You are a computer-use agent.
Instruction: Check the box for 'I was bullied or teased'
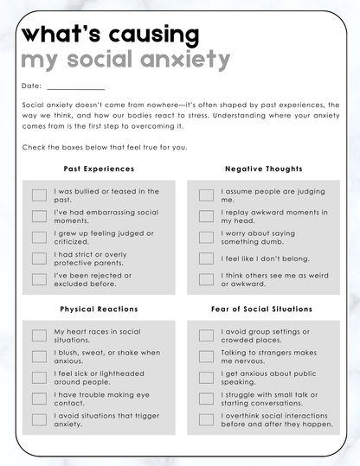pyautogui.click(x=39, y=195)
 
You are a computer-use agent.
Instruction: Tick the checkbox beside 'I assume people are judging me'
pyautogui.click(x=206, y=195)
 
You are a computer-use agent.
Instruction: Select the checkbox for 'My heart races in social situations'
pyautogui.click(x=39, y=335)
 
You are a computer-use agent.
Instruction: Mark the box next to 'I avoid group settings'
pyautogui.click(x=206, y=335)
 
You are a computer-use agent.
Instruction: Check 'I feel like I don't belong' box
pyautogui.click(x=206, y=259)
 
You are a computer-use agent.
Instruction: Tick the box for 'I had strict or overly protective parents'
pyautogui.click(x=39, y=259)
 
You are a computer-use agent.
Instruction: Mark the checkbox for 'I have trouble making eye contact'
pyautogui.click(x=39, y=399)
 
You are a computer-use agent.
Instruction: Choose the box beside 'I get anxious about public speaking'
pyautogui.click(x=206, y=378)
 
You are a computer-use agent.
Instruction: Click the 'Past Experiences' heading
pyautogui.click(x=99, y=169)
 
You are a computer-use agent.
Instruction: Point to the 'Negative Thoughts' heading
pyautogui.click(x=264, y=169)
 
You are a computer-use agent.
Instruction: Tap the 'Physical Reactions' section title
pyautogui.click(x=99, y=309)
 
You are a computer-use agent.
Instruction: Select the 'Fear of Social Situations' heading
pyautogui.click(x=261, y=309)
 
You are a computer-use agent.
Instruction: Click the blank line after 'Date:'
pyautogui.click(x=76, y=86)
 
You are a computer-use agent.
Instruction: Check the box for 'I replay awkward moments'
pyautogui.click(x=206, y=216)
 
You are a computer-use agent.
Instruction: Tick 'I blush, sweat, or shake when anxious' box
pyautogui.click(x=39, y=356)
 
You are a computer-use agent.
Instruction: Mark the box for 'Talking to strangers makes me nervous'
pyautogui.click(x=206, y=356)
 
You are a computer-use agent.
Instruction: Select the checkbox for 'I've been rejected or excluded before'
pyautogui.click(x=39, y=279)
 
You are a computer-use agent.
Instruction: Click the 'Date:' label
pyautogui.click(x=30, y=86)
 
